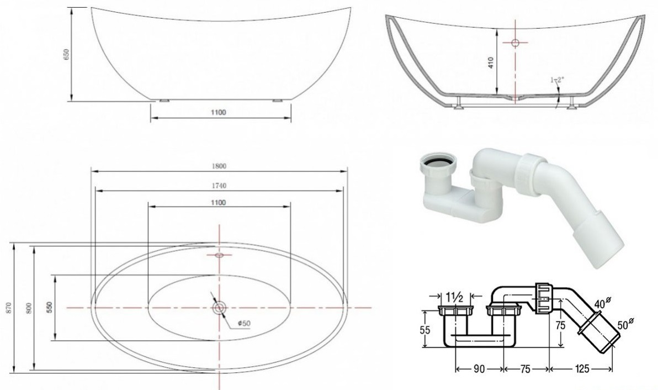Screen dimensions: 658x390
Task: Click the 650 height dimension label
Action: pyautogui.click(x=66, y=54)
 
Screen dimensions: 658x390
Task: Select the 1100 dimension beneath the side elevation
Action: pyautogui.click(x=218, y=112)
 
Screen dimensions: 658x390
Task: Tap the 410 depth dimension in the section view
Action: pyautogui.click(x=491, y=62)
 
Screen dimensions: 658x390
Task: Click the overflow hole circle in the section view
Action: pyautogui.click(x=516, y=43)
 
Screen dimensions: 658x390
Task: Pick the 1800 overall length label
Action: pyautogui.click(x=219, y=166)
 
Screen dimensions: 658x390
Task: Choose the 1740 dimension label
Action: pyautogui.click(x=219, y=186)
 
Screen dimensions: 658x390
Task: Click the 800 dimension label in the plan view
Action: pyautogui.click(x=29, y=308)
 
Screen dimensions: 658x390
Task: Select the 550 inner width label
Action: pyautogui.click(x=50, y=307)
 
